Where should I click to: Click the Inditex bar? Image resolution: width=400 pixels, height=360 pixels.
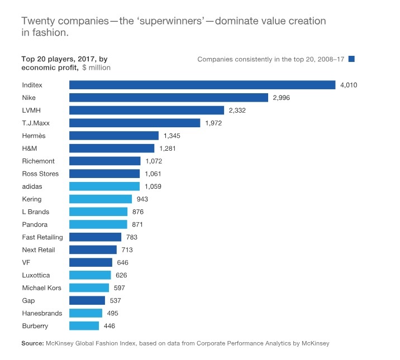202,85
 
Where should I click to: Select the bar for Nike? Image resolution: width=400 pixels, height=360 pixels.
169,98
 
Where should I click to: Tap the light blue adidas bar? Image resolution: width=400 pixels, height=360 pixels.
104,186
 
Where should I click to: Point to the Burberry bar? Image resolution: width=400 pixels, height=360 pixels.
84,325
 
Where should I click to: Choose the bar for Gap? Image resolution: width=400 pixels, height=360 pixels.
87,300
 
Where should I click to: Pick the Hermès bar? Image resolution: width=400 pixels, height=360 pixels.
114,136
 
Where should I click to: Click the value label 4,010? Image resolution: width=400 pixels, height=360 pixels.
349,85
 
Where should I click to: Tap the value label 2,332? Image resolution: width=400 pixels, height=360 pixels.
237,111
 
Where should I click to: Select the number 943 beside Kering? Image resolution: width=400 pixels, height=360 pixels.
142,199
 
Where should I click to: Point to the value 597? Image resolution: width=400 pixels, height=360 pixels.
120,288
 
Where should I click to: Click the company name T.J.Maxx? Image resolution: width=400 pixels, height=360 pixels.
36,123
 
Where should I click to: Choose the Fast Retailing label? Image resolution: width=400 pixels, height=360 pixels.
42,237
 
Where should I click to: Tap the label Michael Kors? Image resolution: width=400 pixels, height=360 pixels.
41,288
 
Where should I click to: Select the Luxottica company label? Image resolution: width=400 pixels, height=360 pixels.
36,275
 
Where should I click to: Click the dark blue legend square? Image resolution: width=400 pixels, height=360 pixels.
351,59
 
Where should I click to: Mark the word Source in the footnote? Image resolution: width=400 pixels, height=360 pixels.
32,343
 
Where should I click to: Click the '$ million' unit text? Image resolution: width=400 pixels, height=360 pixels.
96,68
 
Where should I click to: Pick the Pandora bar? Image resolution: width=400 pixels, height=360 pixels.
98,224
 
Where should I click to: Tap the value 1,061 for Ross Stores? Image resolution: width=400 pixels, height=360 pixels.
153,174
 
